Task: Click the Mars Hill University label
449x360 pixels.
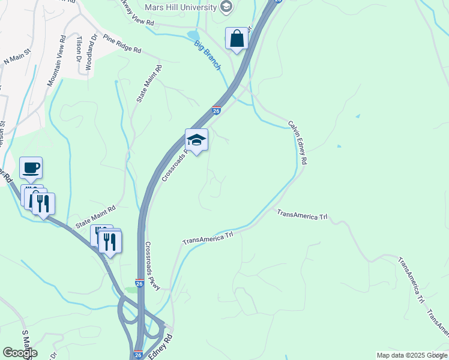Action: tap(181, 7)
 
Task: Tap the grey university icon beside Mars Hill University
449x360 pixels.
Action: tap(226, 7)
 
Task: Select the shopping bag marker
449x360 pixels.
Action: tap(237, 39)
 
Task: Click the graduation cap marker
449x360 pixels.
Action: tap(196, 140)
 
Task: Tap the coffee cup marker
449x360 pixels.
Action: tap(31, 168)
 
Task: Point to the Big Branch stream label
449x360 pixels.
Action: tap(207, 55)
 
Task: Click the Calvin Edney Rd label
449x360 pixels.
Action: tap(298, 143)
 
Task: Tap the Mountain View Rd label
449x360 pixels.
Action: tap(55, 60)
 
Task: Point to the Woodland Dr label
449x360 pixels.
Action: tap(91, 52)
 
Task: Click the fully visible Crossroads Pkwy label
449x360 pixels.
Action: tap(153, 266)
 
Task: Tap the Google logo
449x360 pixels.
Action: tap(20, 352)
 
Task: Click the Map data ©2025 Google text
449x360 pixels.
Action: tap(412, 355)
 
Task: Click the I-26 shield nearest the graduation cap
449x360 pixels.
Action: tap(216, 110)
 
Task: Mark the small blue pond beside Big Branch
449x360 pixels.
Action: tap(193, 35)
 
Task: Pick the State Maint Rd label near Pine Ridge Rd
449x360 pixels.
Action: tap(149, 83)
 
